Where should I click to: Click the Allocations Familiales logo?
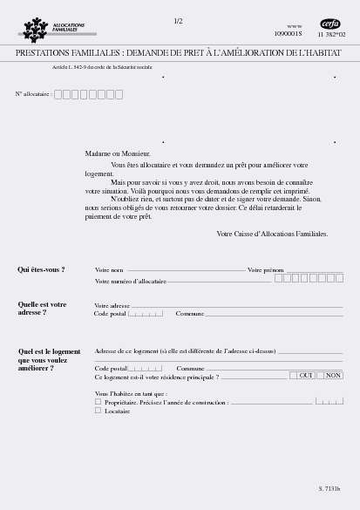(x=54, y=29)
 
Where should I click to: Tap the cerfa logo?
(x=330, y=24)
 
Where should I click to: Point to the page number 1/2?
(x=178, y=20)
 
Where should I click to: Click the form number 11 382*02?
(x=332, y=34)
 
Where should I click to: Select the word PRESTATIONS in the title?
(x=44, y=54)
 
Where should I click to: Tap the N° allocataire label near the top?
(x=33, y=93)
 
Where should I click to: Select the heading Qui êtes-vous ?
(x=41, y=270)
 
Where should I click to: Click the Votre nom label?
(x=109, y=270)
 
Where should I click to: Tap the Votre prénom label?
(x=266, y=270)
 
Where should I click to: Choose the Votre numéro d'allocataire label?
(x=130, y=281)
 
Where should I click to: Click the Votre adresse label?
(x=112, y=306)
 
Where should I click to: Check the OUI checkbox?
(x=294, y=375)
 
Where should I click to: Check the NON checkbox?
(x=321, y=375)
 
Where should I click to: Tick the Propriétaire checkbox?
(x=98, y=402)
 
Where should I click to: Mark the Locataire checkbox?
(x=98, y=410)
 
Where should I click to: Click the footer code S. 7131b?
(x=329, y=488)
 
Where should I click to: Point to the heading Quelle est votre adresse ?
(x=42, y=308)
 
